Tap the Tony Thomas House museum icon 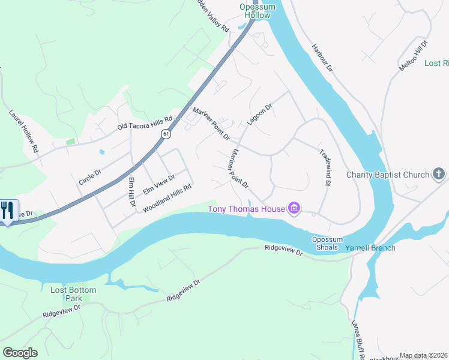pos(294,209)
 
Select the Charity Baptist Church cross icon pos(439,175)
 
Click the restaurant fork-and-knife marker pos(8,210)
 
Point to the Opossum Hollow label pos(258,11)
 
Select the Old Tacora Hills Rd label pos(145,124)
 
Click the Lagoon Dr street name pos(259,113)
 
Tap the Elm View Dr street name pos(158,184)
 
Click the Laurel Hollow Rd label pos(24,130)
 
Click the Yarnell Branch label pos(367,247)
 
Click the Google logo pos(20,352)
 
